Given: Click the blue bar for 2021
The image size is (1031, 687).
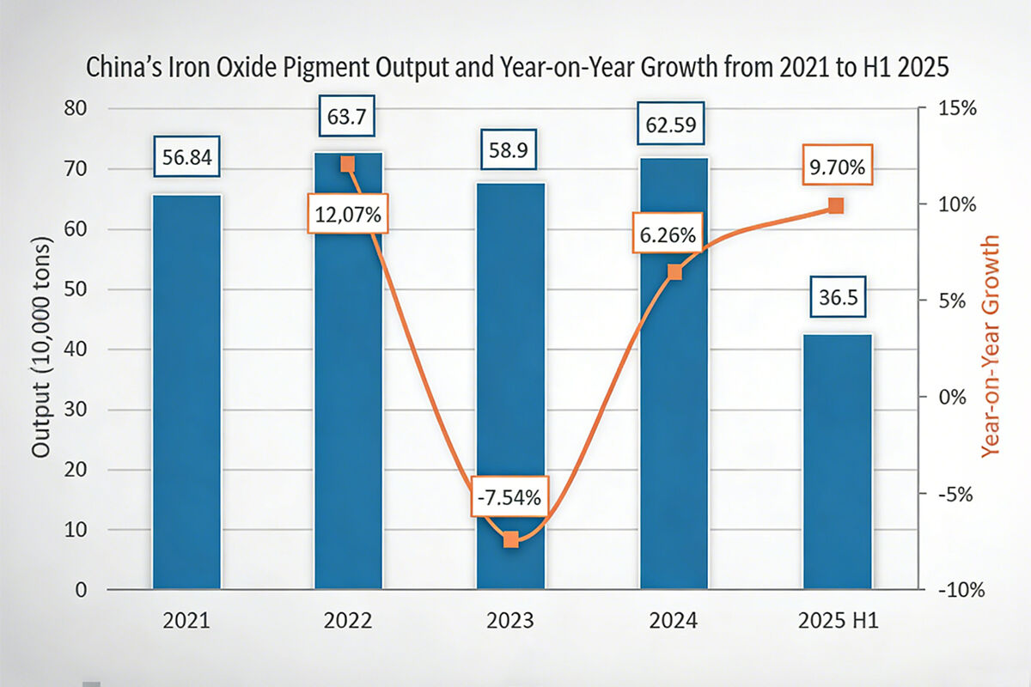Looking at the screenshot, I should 186,392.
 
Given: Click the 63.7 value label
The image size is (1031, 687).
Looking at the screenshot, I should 349,118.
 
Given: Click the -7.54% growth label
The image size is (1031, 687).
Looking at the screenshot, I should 510,496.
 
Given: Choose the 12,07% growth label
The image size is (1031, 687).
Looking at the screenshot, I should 349,215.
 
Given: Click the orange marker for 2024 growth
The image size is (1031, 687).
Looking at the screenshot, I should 674,272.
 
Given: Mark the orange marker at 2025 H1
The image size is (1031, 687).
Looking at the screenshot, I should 836,206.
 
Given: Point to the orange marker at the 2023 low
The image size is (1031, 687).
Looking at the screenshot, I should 511,539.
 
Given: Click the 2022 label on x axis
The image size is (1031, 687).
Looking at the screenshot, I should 349,621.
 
